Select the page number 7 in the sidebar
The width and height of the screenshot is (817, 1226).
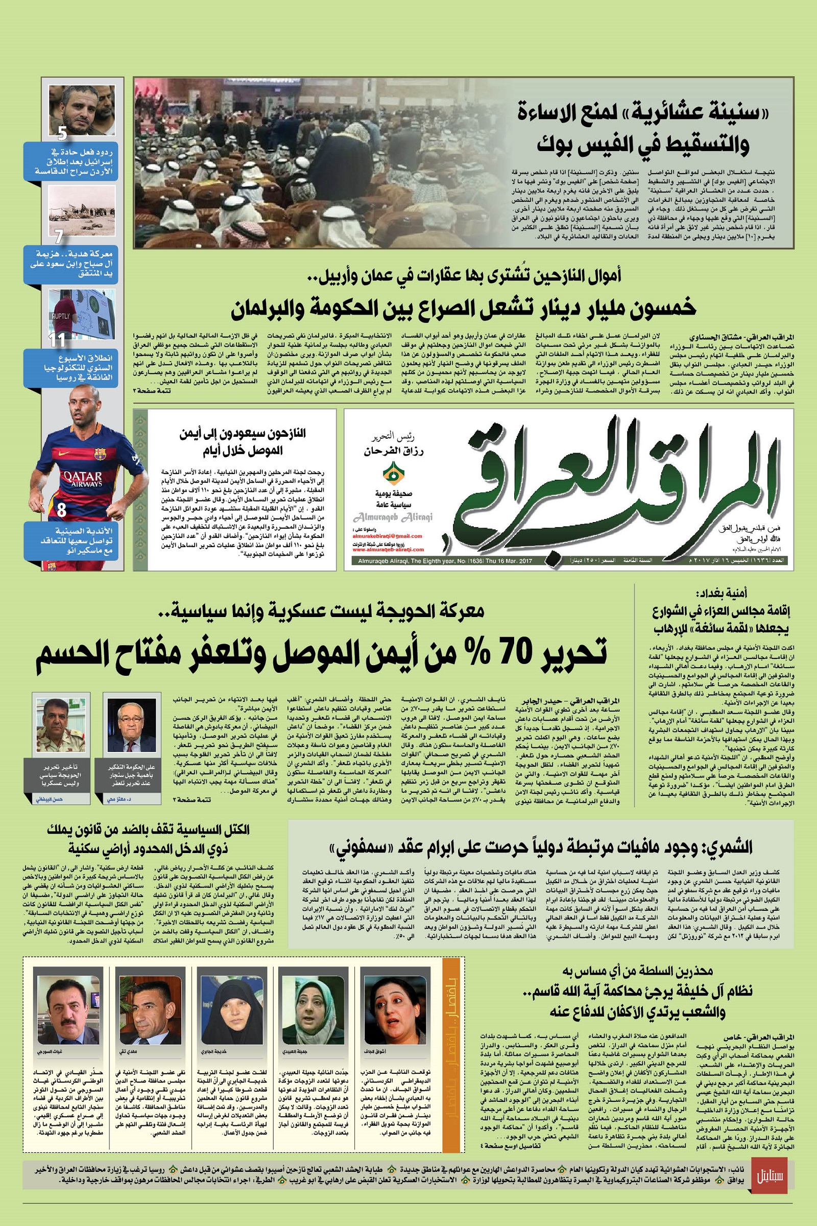click(x=59, y=237)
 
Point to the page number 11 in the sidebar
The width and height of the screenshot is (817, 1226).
click(x=57, y=340)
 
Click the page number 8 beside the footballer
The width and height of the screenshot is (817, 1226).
click(x=61, y=510)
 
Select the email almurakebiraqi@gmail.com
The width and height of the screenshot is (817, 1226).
click(x=387, y=536)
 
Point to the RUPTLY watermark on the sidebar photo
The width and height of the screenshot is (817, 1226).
click(x=60, y=316)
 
